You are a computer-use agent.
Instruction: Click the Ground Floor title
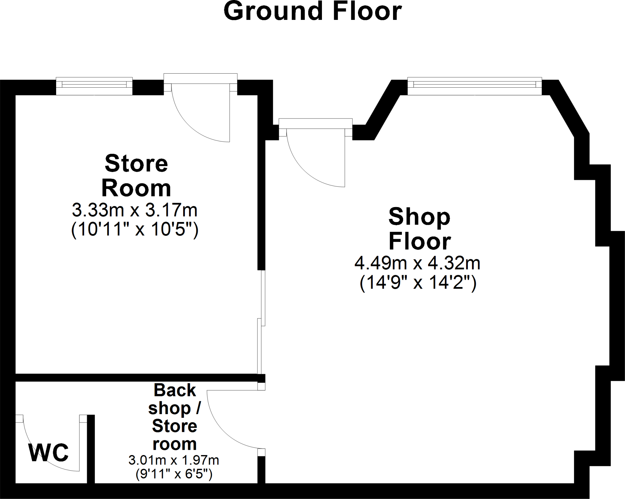point(312,12)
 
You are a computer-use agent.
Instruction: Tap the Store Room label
point(136,176)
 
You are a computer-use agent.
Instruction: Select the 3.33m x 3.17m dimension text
point(135,210)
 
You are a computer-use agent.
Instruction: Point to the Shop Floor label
point(419,229)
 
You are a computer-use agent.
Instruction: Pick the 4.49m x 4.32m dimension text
point(417,263)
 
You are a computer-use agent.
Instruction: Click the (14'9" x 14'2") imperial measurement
point(418,283)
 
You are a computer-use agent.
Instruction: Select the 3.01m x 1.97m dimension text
point(174,460)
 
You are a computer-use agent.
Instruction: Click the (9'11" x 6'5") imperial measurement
point(174,474)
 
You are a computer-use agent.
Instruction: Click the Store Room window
point(94,86)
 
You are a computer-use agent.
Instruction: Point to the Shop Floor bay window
point(475,86)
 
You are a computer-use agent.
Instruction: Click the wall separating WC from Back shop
point(91,449)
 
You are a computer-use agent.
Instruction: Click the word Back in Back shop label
point(175,390)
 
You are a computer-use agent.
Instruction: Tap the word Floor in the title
point(367,12)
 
